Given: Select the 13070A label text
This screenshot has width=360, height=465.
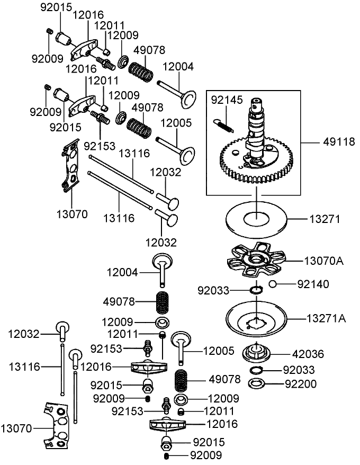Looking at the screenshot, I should (323, 260).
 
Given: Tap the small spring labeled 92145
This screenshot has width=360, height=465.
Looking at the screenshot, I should (224, 126).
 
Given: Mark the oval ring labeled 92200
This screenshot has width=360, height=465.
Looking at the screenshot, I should (257, 383).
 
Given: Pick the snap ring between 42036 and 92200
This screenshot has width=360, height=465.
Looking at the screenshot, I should (257, 370).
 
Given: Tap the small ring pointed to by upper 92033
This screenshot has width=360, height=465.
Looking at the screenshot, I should (256, 290).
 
